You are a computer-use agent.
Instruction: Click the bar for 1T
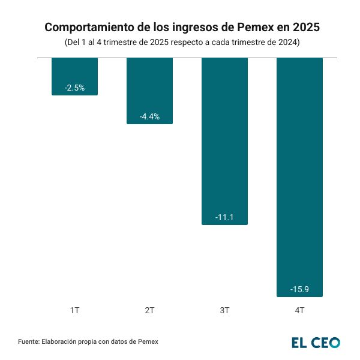tap(74, 76)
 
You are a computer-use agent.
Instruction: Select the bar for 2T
tap(149, 91)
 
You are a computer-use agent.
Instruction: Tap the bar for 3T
tap(224, 141)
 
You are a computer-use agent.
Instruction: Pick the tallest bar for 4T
tap(299, 177)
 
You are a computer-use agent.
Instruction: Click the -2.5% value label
tap(74, 88)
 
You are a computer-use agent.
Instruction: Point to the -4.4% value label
tap(149, 116)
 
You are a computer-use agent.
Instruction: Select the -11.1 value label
tap(224, 217)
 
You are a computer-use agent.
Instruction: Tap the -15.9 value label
tap(299, 289)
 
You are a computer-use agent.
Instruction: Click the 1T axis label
tap(74, 311)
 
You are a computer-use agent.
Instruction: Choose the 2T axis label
tap(149, 311)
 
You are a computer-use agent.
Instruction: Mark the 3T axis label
tap(224, 311)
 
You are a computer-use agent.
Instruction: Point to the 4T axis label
tap(299, 311)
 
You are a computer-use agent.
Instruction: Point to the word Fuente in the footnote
tap(28, 342)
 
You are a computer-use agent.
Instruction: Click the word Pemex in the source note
tap(148, 342)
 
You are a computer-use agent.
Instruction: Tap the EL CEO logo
tap(316, 343)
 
